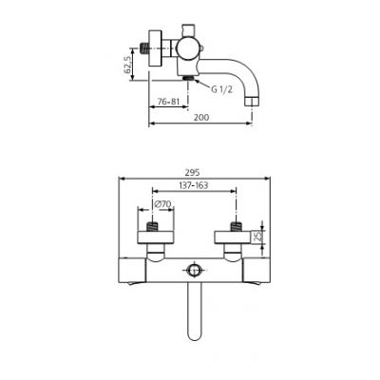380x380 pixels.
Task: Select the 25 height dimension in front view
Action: (x=256, y=236)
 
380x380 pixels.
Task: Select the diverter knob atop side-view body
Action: (x=188, y=22)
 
